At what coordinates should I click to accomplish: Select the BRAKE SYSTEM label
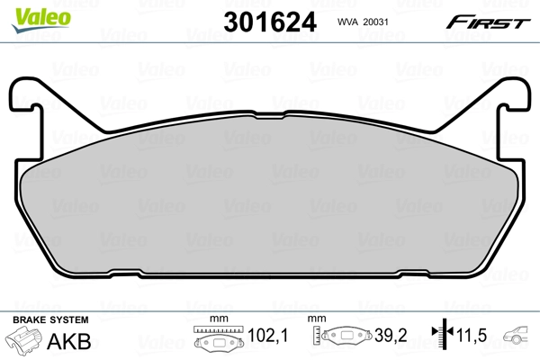(x=49, y=320)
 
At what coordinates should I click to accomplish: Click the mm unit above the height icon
(x=316, y=319)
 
